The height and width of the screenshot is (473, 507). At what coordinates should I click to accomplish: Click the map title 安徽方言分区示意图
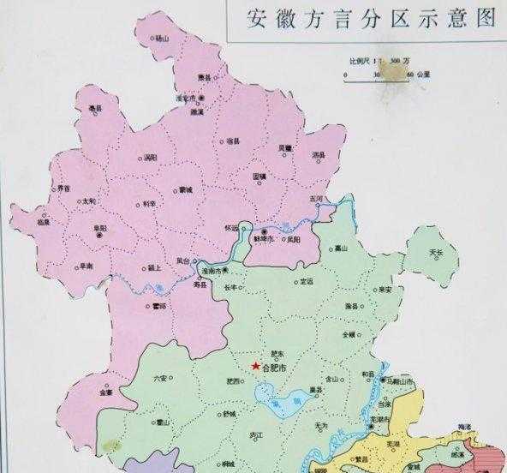pos(372,18)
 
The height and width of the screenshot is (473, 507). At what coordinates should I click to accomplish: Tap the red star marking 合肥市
pos(255,366)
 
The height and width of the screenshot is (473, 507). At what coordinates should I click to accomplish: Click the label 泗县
pos(318,154)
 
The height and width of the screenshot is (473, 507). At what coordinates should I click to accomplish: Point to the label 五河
pos(318,198)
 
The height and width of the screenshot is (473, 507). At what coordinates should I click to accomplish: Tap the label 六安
pos(161,375)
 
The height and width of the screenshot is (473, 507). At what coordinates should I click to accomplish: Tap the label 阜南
pos(86,266)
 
